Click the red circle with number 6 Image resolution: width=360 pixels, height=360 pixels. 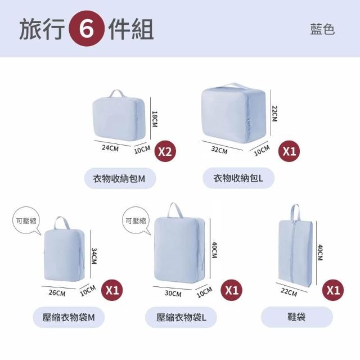[x=87, y=29]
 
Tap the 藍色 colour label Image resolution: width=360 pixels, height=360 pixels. [x=322, y=29]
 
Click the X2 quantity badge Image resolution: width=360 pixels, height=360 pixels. [x=165, y=151]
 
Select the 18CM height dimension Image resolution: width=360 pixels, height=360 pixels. [x=155, y=119]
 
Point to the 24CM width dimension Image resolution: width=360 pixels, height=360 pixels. [x=110, y=148]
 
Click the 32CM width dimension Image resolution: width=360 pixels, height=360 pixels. [x=219, y=150]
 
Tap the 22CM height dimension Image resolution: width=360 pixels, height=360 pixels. [x=274, y=114]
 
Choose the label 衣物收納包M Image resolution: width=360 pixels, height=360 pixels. [x=119, y=178]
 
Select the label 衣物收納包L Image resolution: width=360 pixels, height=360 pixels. [x=238, y=178]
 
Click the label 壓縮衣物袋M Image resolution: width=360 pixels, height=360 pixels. [x=69, y=317]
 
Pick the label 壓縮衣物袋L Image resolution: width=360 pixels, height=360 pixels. [x=181, y=317]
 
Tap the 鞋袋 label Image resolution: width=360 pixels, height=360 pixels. [x=296, y=317]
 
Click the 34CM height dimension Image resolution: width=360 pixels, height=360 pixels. [x=94, y=256]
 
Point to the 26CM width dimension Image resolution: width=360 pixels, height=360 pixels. [x=57, y=293]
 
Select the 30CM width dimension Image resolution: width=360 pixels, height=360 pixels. [x=173, y=294]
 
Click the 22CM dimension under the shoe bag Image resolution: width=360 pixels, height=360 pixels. [x=289, y=292]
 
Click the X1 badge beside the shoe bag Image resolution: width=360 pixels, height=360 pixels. [x=333, y=290]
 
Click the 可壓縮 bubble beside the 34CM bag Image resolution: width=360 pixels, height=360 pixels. [x=26, y=221]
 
